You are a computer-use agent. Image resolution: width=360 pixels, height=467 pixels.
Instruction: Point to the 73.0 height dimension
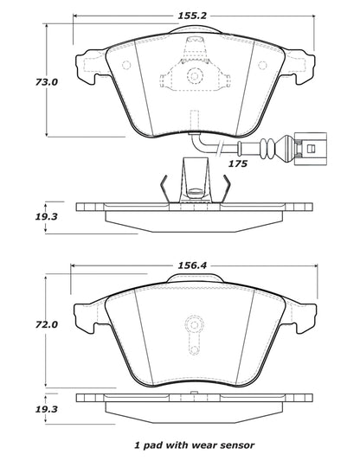[22, 83]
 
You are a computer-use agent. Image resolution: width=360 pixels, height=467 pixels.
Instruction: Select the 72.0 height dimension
[22, 325]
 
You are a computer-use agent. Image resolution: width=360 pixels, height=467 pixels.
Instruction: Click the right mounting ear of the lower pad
[303, 315]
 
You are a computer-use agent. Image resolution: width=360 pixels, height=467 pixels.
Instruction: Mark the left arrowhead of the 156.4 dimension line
[74, 265]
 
